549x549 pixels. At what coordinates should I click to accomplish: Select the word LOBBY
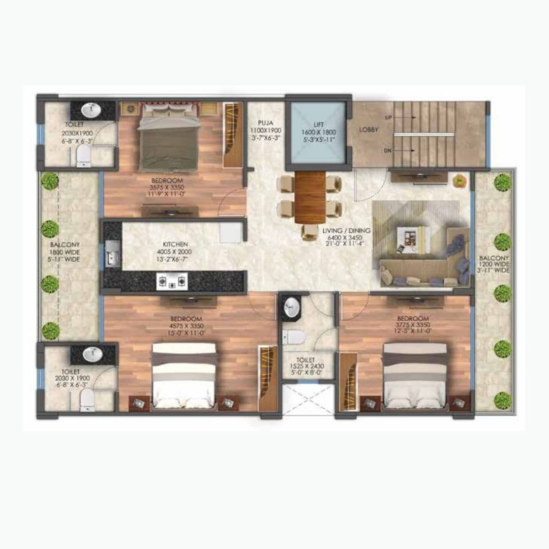click(x=369, y=130)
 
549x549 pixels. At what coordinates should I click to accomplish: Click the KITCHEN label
click(x=175, y=245)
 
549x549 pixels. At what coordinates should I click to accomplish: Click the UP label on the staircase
click(x=389, y=117)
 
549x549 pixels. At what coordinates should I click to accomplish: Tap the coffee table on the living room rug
click(x=413, y=239)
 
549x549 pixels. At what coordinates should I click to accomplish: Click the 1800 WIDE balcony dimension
click(x=65, y=252)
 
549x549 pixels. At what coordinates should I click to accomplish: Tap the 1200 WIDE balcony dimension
click(x=494, y=264)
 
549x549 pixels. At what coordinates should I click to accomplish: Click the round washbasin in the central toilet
click(x=291, y=306)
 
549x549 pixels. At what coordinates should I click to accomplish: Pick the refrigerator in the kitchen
click(x=230, y=233)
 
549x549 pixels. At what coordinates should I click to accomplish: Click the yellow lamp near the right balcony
click(x=460, y=179)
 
